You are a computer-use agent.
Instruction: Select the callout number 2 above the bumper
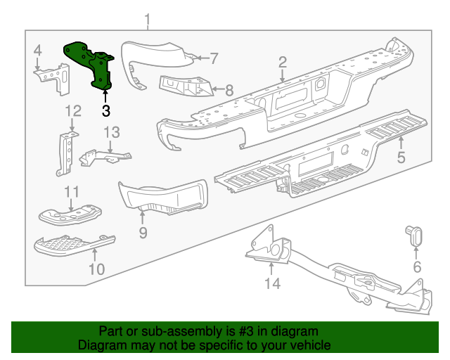(x=282, y=63)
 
